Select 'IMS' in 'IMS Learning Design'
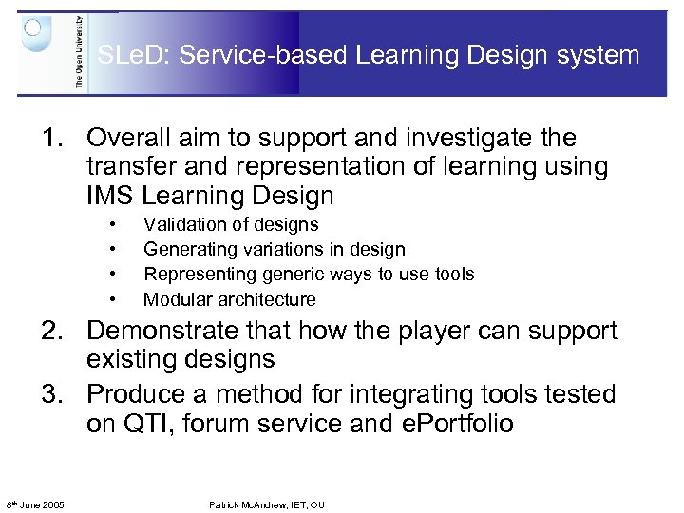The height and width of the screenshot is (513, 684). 110,197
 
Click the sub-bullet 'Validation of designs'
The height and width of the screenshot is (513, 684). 231,225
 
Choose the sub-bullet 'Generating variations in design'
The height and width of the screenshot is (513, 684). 274,250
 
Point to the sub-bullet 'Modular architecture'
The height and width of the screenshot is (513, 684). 229,299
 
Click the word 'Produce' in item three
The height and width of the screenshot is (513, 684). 133,393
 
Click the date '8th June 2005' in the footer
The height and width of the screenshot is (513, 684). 35,504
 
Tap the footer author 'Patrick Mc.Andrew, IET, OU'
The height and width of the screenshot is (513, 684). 267,504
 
